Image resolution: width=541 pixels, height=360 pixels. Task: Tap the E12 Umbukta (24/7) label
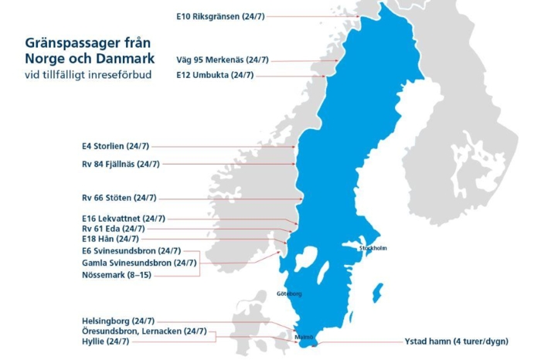pyautogui.click(x=215, y=75)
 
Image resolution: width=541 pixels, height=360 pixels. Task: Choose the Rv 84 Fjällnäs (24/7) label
pyautogui.click(x=121, y=164)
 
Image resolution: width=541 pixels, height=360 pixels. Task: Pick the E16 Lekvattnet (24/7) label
pyautogui.click(x=123, y=219)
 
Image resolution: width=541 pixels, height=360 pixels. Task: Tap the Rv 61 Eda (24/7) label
pyautogui.click(x=113, y=229)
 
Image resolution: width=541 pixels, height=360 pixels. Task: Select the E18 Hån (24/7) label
pyautogui.click(x=111, y=239)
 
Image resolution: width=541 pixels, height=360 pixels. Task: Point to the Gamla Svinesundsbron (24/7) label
pyautogui.click(x=139, y=263)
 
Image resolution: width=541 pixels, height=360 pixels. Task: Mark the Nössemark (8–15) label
pyautogui.click(x=116, y=274)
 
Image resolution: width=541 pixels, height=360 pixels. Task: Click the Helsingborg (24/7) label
pyautogui.click(x=117, y=321)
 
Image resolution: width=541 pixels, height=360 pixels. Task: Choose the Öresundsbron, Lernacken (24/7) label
pyautogui.click(x=144, y=331)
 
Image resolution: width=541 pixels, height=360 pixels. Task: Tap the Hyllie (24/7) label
pyautogui.click(x=105, y=341)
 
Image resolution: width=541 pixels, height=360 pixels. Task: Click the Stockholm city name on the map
pyautogui.click(x=373, y=248)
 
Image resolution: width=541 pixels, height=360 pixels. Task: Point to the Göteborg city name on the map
pyautogui.click(x=289, y=294)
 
